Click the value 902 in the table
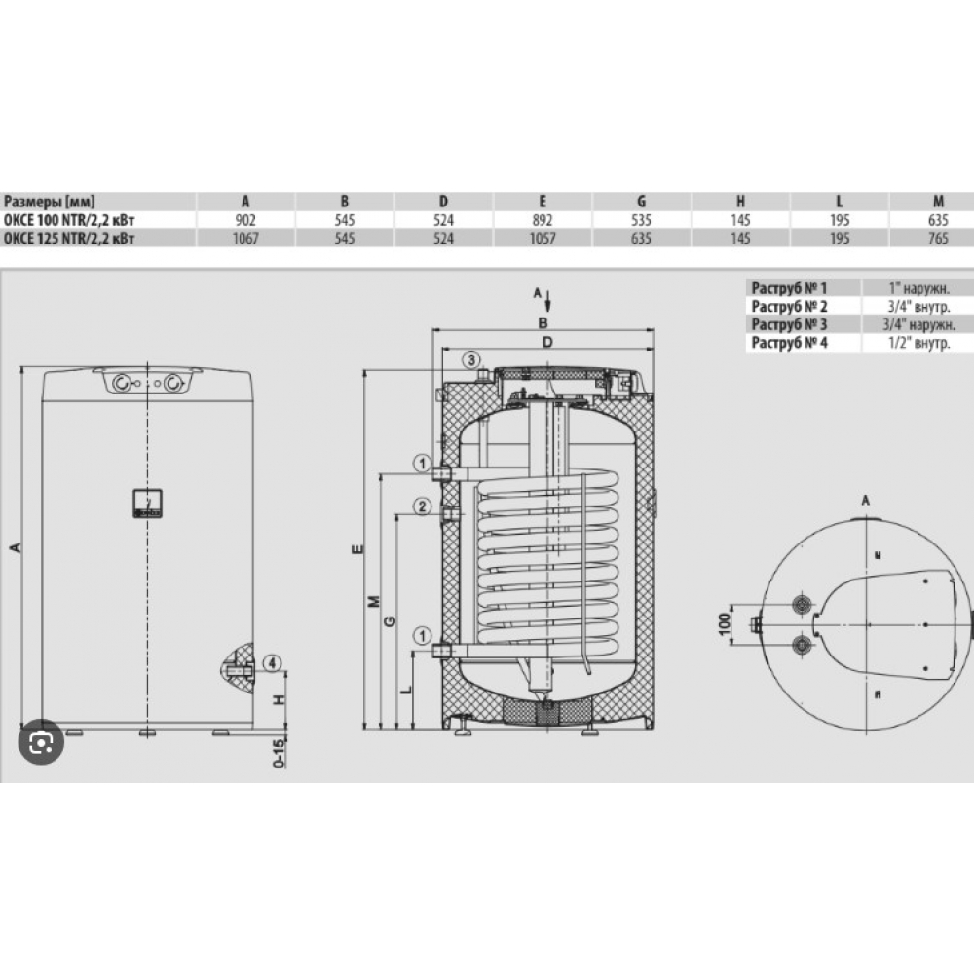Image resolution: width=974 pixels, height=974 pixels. [245, 220]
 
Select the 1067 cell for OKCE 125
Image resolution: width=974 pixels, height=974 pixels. [245, 238]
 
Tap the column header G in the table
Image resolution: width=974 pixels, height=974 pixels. [641, 202]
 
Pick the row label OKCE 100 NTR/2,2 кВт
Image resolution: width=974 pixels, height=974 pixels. [69, 220]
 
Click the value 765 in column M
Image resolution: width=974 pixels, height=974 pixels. [938, 238]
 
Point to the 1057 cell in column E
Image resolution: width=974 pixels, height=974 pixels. [543, 238]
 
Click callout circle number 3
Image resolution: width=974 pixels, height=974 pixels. [471, 359]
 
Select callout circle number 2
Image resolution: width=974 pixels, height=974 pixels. [423, 506]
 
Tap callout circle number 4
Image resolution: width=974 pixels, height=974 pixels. [272, 663]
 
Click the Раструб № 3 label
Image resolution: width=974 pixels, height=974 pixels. [789, 324]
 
